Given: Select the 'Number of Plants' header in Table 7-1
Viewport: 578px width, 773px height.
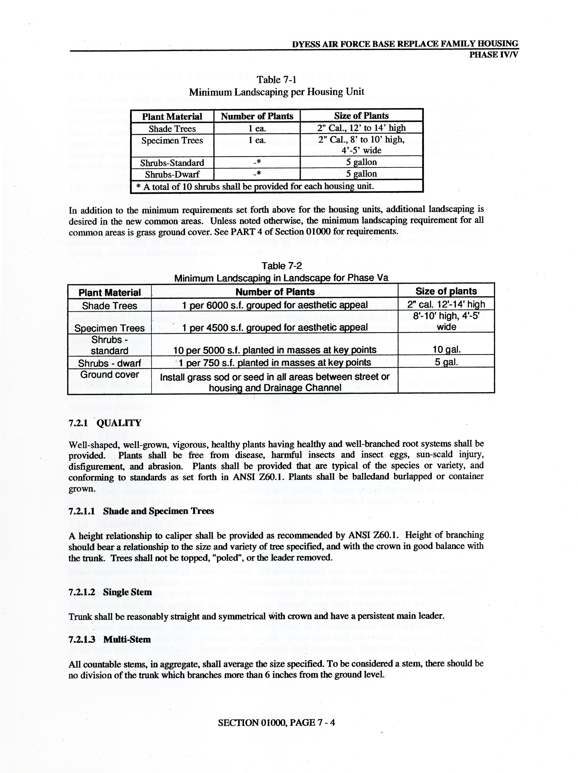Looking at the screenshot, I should click(257, 116).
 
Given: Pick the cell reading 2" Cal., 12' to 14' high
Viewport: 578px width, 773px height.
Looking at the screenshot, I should click(361, 128).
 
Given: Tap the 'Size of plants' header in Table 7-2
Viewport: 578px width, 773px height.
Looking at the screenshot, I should click(446, 291).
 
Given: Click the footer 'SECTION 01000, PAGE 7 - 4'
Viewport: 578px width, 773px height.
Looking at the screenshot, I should click(276, 722).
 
